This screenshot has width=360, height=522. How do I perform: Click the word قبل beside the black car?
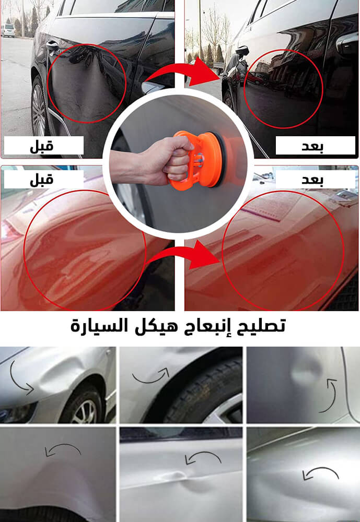tap(42, 146)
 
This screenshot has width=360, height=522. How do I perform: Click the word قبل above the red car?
tap(42, 180)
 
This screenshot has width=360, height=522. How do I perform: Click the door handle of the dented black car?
tap(52, 45)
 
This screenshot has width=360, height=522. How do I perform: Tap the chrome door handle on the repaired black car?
tap(347, 42)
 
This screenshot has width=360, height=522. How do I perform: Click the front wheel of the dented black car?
tap(39, 106)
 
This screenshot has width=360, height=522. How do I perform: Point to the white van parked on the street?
tap(8, 30)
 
